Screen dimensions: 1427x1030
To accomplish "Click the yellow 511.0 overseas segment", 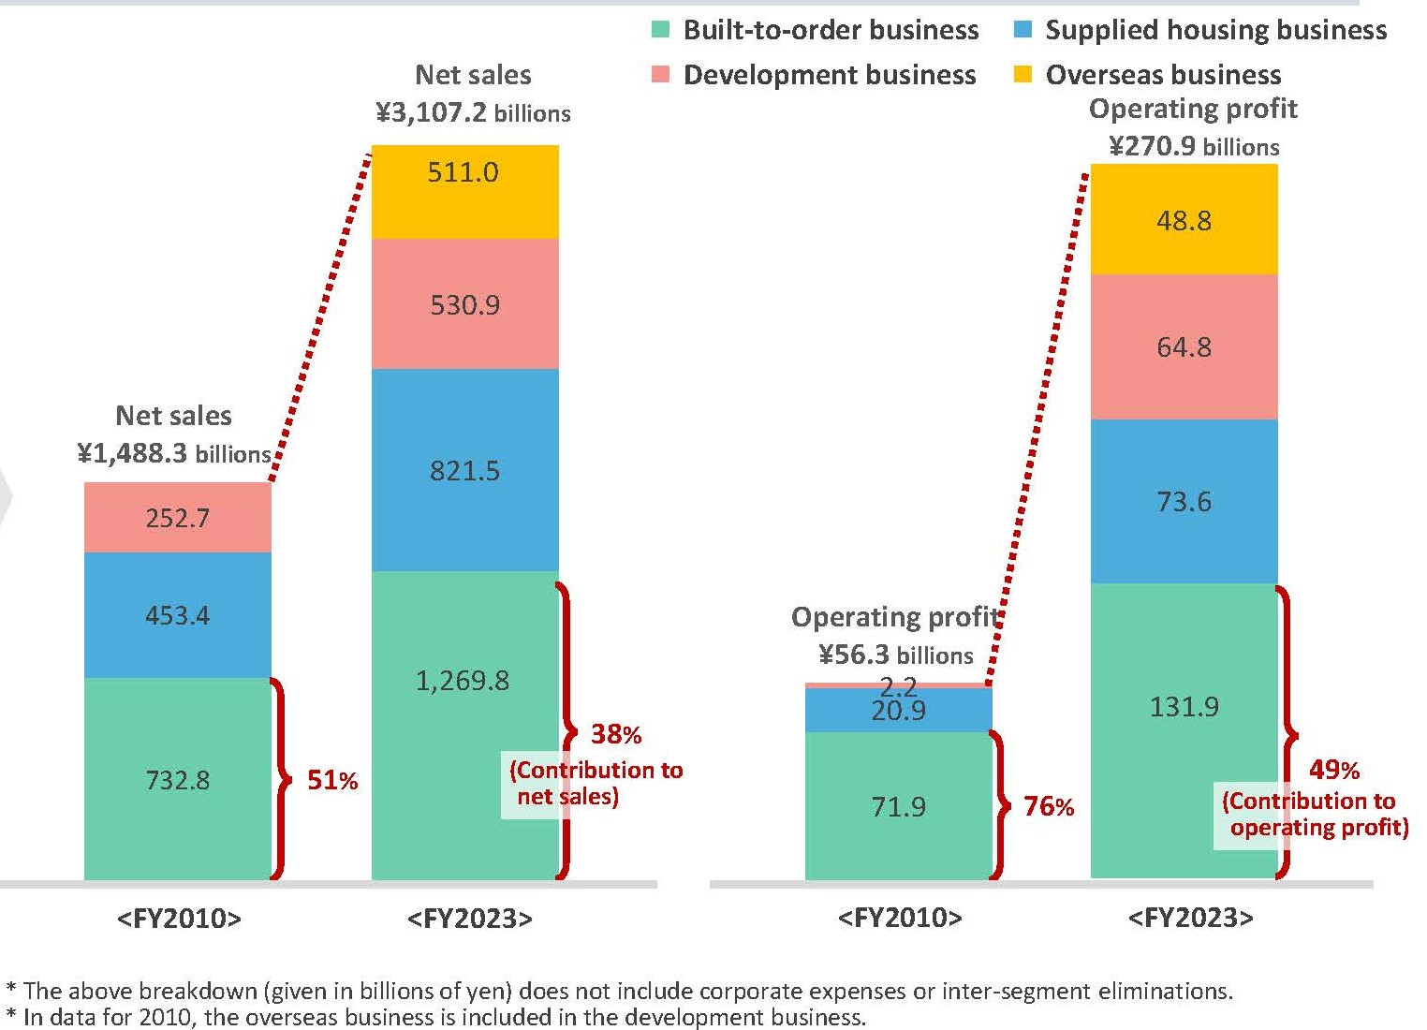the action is click(465, 192).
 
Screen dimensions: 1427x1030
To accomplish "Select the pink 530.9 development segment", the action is click(465, 303).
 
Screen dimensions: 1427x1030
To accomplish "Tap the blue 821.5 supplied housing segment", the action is click(465, 470).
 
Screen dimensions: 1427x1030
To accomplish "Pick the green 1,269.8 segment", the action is click(465, 726).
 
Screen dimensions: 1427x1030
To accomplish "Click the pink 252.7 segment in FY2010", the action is click(178, 517).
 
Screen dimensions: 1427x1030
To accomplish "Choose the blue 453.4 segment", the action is click(178, 614).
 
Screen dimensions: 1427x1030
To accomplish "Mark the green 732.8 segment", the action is click(178, 779).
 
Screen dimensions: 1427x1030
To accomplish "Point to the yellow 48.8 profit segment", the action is click(1184, 220).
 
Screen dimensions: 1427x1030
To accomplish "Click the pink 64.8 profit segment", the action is click(1184, 347).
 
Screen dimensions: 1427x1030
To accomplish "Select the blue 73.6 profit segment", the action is click(1184, 501).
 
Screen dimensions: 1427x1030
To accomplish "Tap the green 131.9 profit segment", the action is click(1184, 730).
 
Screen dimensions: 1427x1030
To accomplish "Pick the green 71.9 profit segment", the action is click(899, 806).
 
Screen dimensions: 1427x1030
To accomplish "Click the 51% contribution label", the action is click(332, 780).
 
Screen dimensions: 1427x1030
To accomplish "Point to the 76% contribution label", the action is click(1049, 806).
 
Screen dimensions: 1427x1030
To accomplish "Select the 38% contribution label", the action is click(616, 734).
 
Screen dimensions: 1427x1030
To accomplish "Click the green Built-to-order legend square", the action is click(661, 29).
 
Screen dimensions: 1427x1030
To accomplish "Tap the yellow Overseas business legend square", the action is click(1022, 74).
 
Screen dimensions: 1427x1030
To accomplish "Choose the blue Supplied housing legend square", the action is click(1022, 29).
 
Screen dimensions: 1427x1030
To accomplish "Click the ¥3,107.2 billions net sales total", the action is click(474, 112).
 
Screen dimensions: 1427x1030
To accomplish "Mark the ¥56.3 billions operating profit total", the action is click(896, 655).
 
